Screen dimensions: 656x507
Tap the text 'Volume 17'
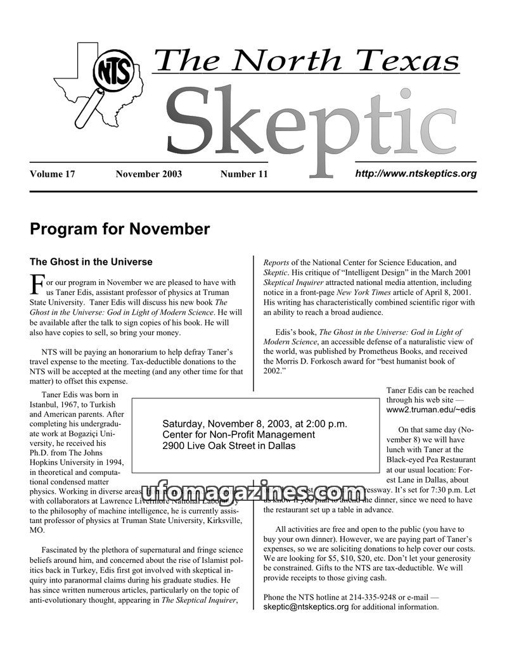(53, 174)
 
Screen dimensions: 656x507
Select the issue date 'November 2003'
(148, 174)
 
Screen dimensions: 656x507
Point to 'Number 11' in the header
(244, 174)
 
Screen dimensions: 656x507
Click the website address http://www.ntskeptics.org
(415, 173)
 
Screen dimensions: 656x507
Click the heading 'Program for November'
(120, 229)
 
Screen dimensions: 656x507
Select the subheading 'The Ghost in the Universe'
(91, 261)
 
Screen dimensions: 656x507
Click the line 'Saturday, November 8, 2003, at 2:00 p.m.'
(255, 423)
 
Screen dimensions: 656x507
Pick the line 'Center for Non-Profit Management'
(238, 434)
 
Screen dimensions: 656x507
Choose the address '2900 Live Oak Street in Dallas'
(229, 446)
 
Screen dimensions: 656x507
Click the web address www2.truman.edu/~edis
(430, 410)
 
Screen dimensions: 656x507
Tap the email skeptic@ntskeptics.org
(306, 607)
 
